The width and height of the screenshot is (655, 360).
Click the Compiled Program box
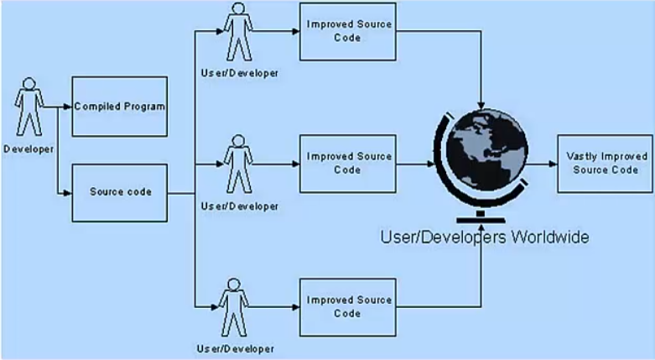[119, 107]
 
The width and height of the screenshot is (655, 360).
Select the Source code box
[119, 191]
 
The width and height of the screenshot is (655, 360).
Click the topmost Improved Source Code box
[347, 31]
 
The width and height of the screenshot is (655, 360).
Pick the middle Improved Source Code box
[347, 163]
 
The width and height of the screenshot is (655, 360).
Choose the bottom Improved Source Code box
[347, 306]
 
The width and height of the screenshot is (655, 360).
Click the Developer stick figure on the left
[29, 107]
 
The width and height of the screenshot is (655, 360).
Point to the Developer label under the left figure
[29, 149]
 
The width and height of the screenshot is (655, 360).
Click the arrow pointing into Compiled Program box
[64, 107]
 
